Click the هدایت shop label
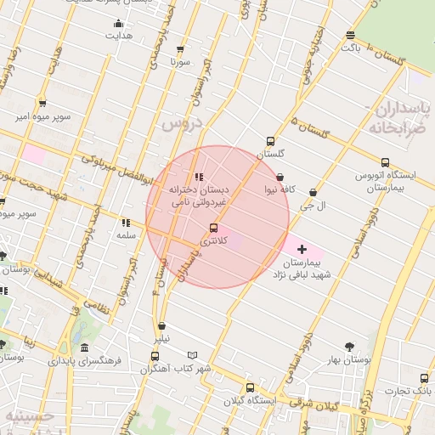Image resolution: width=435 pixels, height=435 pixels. click(x=120, y=37)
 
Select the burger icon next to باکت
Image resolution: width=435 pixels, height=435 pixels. click(x=350, y=35)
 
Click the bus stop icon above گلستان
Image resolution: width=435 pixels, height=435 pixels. click(x=271, y=141)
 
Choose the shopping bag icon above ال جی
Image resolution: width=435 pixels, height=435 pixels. click(x=314, y=193)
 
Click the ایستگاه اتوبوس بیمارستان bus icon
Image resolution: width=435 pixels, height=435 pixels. click(x=385, y=162)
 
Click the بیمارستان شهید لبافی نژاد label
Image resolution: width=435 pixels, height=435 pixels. click(x=300, y=269)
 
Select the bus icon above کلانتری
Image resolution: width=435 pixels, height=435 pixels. click(x=212, y=228)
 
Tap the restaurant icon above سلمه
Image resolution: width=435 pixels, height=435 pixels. click(x=126, y=223)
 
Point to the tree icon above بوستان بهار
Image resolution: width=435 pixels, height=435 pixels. click(x=349, y=346)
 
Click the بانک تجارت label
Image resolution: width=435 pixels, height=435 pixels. click(x=407, y=391)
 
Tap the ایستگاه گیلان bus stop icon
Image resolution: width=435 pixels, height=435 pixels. click(x=249, y=387)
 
